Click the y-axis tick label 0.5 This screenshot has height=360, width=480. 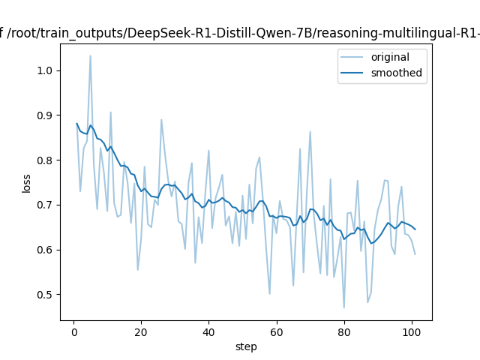(46, 295)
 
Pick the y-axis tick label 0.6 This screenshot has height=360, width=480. (46, 250)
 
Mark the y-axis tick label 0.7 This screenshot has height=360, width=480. (46, 205)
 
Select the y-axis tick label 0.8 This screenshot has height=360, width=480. (46, 160)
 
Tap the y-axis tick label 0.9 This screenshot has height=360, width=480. (46, 115)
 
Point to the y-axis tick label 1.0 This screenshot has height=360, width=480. (46, 70)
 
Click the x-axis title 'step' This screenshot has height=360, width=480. (246, 346)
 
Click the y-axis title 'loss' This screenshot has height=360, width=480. (27, 182)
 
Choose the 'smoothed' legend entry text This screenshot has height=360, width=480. (396, 73)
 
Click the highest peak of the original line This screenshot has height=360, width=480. (90, 55)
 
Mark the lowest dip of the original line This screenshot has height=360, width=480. (344, 307)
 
